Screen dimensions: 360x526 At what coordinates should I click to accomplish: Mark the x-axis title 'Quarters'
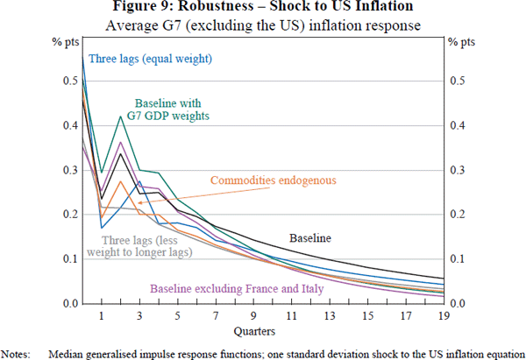coord(263,332)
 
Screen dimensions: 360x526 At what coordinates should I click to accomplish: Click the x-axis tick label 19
coord(444,316)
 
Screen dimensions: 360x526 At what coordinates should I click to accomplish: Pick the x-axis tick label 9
coord(253,316)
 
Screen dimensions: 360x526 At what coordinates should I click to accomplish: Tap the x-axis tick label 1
coord(102,316)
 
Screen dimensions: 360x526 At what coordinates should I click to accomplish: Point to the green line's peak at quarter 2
coord(121,116)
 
